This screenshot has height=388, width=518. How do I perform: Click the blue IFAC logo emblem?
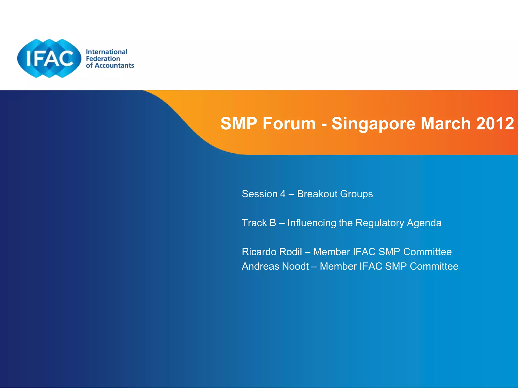point(49,58)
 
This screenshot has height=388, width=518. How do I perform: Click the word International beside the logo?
point(106,52)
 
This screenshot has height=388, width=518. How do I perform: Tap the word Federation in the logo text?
point(103,59)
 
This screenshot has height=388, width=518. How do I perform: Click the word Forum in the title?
point(289,124)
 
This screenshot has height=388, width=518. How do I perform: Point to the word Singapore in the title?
point(373,124)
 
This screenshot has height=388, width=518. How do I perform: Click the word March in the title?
point(445,124)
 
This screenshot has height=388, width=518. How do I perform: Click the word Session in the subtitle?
point(256,194)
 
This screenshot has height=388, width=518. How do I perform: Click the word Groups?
point(357,194)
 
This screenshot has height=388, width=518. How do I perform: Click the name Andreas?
point(261,266)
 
